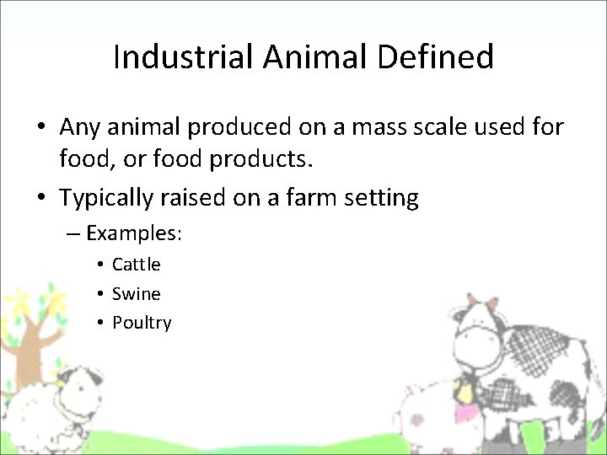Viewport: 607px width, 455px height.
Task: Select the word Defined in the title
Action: [x=437, y=57]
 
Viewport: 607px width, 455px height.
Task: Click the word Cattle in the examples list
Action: [x=136, y=265]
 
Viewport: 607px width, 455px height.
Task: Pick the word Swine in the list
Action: [x=136, y=294]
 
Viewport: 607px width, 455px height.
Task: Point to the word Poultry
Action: [x=142, y=323]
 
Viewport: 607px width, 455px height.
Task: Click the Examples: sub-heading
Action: [x=134, y=232]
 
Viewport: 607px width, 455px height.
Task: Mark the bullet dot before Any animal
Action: [x=40, y=127]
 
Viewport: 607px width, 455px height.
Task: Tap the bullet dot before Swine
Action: [x=99, y=294]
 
